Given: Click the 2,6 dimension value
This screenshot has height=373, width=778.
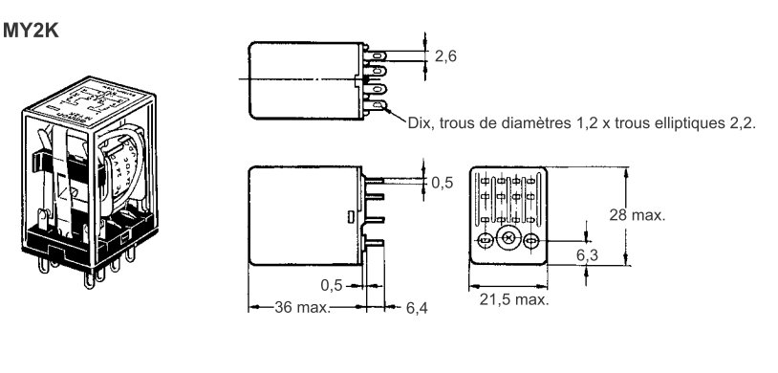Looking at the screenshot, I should [445, 56].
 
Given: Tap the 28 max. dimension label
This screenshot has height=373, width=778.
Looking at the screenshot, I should [637, 215].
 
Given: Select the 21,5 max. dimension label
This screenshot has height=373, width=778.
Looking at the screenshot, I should [514, 299].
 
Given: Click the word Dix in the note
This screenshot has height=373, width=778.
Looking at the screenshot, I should [415, 122].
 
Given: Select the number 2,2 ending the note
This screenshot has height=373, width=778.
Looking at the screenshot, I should [741, 122].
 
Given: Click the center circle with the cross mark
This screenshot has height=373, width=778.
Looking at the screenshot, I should [508, 239].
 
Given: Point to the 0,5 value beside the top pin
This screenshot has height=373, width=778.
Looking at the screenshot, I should [441, 183].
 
